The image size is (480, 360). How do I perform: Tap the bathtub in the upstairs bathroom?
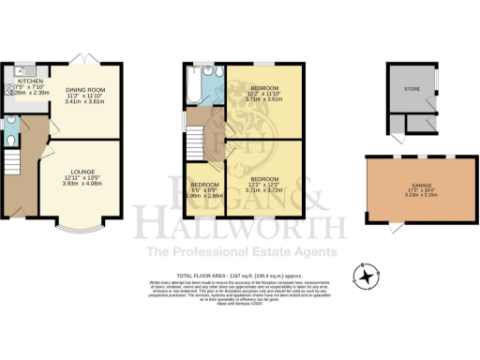(196, 88)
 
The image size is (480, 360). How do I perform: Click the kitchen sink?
(19, 71)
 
